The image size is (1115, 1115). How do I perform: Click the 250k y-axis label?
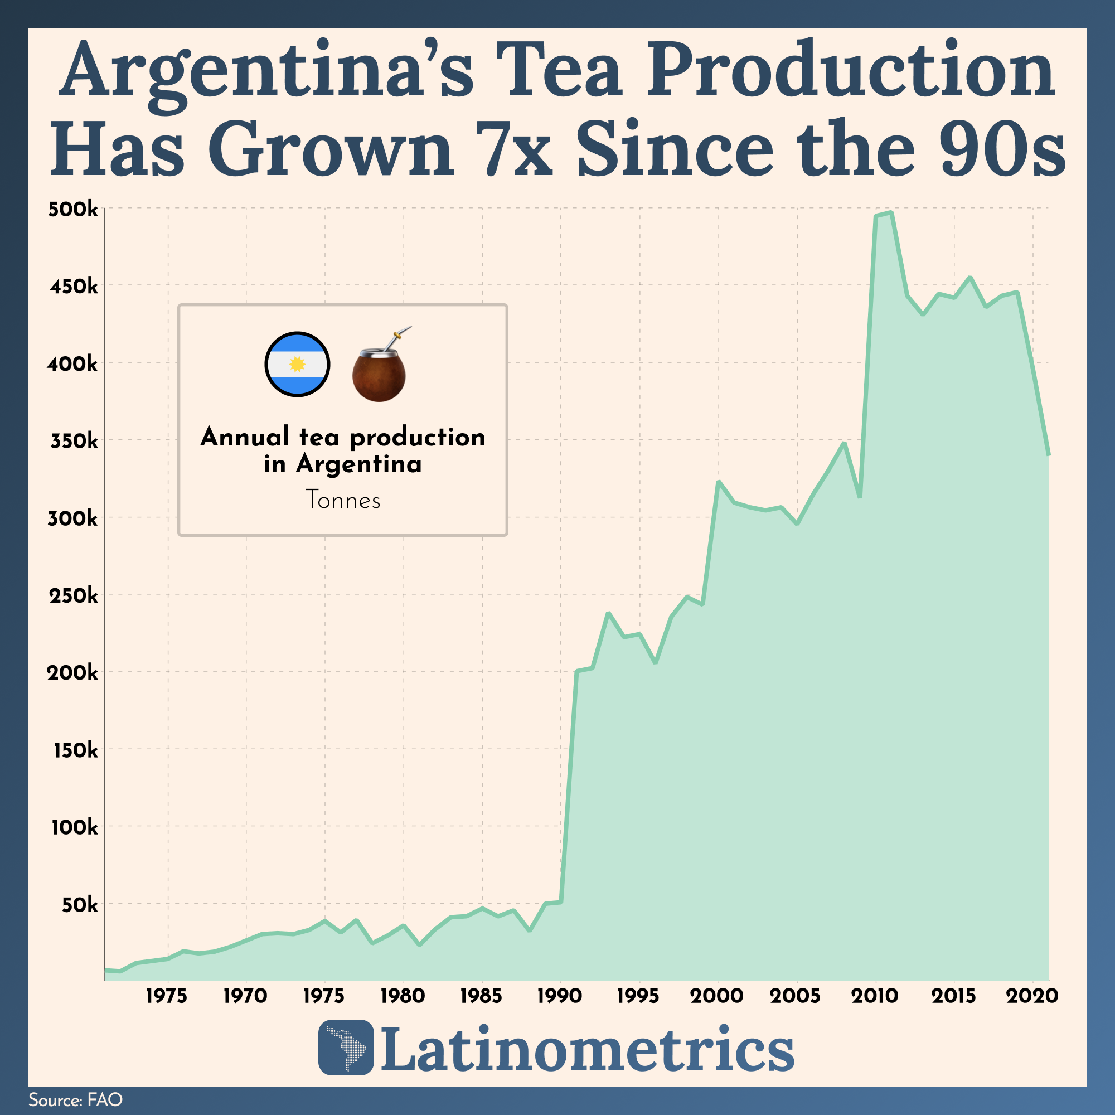tap(72, 595)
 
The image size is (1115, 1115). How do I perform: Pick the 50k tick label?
tap(80, 904)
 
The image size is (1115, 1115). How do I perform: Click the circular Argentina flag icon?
tap(297, 364)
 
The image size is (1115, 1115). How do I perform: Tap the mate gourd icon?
tap(379, 375)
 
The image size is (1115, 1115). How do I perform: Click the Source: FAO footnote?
tap(76, 1099)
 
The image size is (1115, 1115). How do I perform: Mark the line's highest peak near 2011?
tap(891, 213)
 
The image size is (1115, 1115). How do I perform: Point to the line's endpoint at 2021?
tap(1049, 455)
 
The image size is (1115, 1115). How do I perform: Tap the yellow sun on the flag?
tap(297, 364)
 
